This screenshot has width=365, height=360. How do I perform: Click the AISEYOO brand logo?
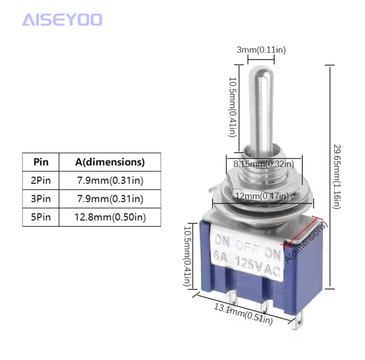point(62,19)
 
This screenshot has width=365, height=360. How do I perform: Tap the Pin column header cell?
point(41,162)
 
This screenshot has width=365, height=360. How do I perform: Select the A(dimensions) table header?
point(110,162)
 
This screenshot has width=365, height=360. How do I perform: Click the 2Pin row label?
point(41,180)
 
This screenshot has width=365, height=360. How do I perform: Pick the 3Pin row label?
point(41,199)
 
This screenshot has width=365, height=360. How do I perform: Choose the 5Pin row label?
point(41,217)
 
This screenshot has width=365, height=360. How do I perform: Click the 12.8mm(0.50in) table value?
point(110,217)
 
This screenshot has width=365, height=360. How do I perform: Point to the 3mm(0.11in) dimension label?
point(261,50)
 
